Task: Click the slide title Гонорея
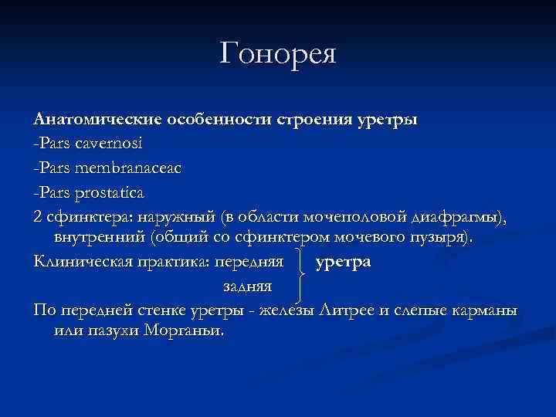[278, 55]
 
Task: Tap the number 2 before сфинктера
[39, 214]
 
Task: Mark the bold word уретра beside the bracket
[344, 260]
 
